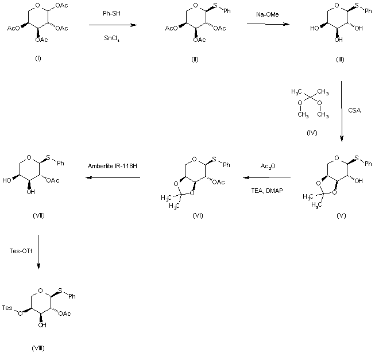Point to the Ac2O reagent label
pyautogui.click(x=268, y=167)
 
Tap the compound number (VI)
pyautogui.click(x=199, y=215)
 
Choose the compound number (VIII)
pyautogui.click(x=38, y=348)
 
